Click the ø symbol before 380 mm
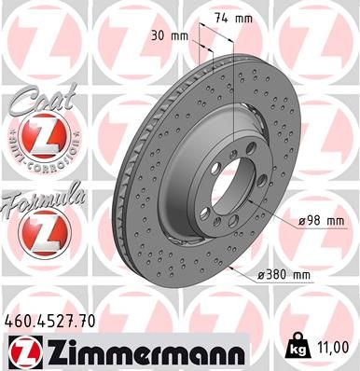pos(258,275)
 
